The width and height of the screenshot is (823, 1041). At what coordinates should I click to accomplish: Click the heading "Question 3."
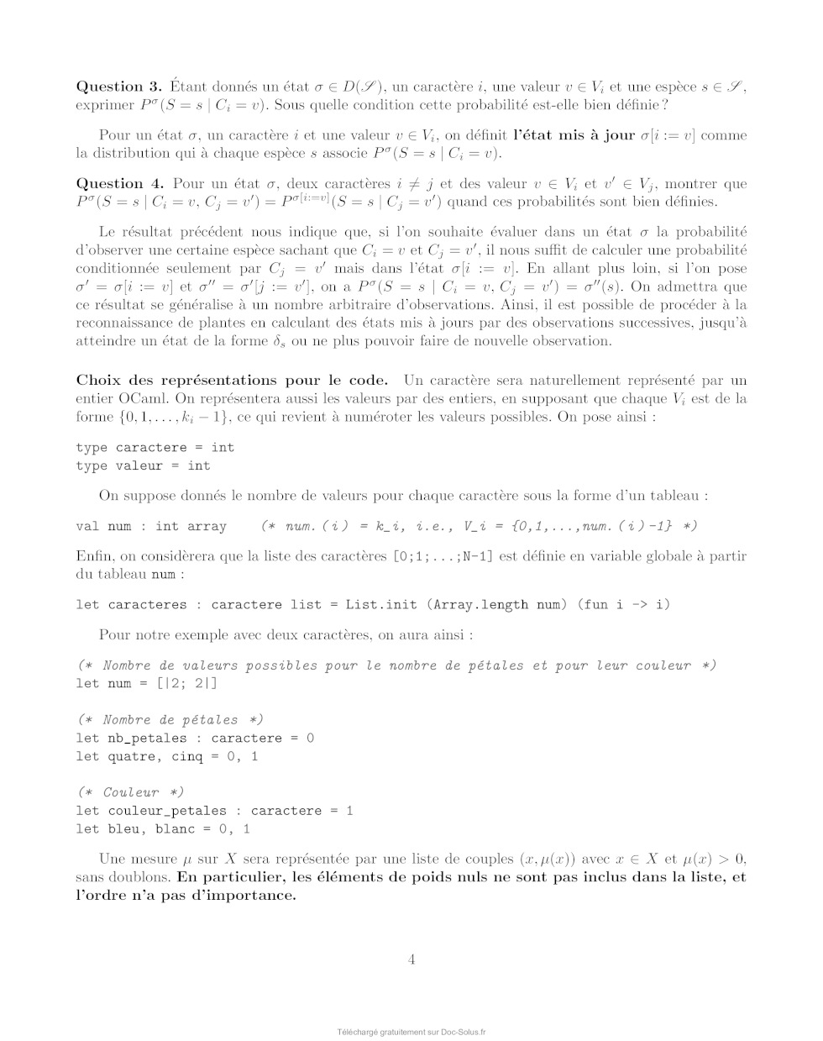pos(119,87)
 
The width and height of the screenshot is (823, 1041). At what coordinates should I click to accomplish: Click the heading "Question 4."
pos(119,184)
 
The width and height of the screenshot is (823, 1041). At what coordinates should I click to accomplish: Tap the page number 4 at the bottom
pos(411,960)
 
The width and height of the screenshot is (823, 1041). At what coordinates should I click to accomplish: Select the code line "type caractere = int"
pos(155,447)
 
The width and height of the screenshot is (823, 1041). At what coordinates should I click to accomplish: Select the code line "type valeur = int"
pos(144,465)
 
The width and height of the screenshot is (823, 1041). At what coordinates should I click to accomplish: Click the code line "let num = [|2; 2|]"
pos(147,683)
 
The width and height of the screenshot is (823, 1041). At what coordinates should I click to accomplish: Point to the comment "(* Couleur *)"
pos(131,792)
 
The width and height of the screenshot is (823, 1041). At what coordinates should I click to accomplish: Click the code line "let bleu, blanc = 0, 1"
pos(163,829)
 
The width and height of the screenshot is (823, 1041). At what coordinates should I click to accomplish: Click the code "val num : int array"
pos(151,526)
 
